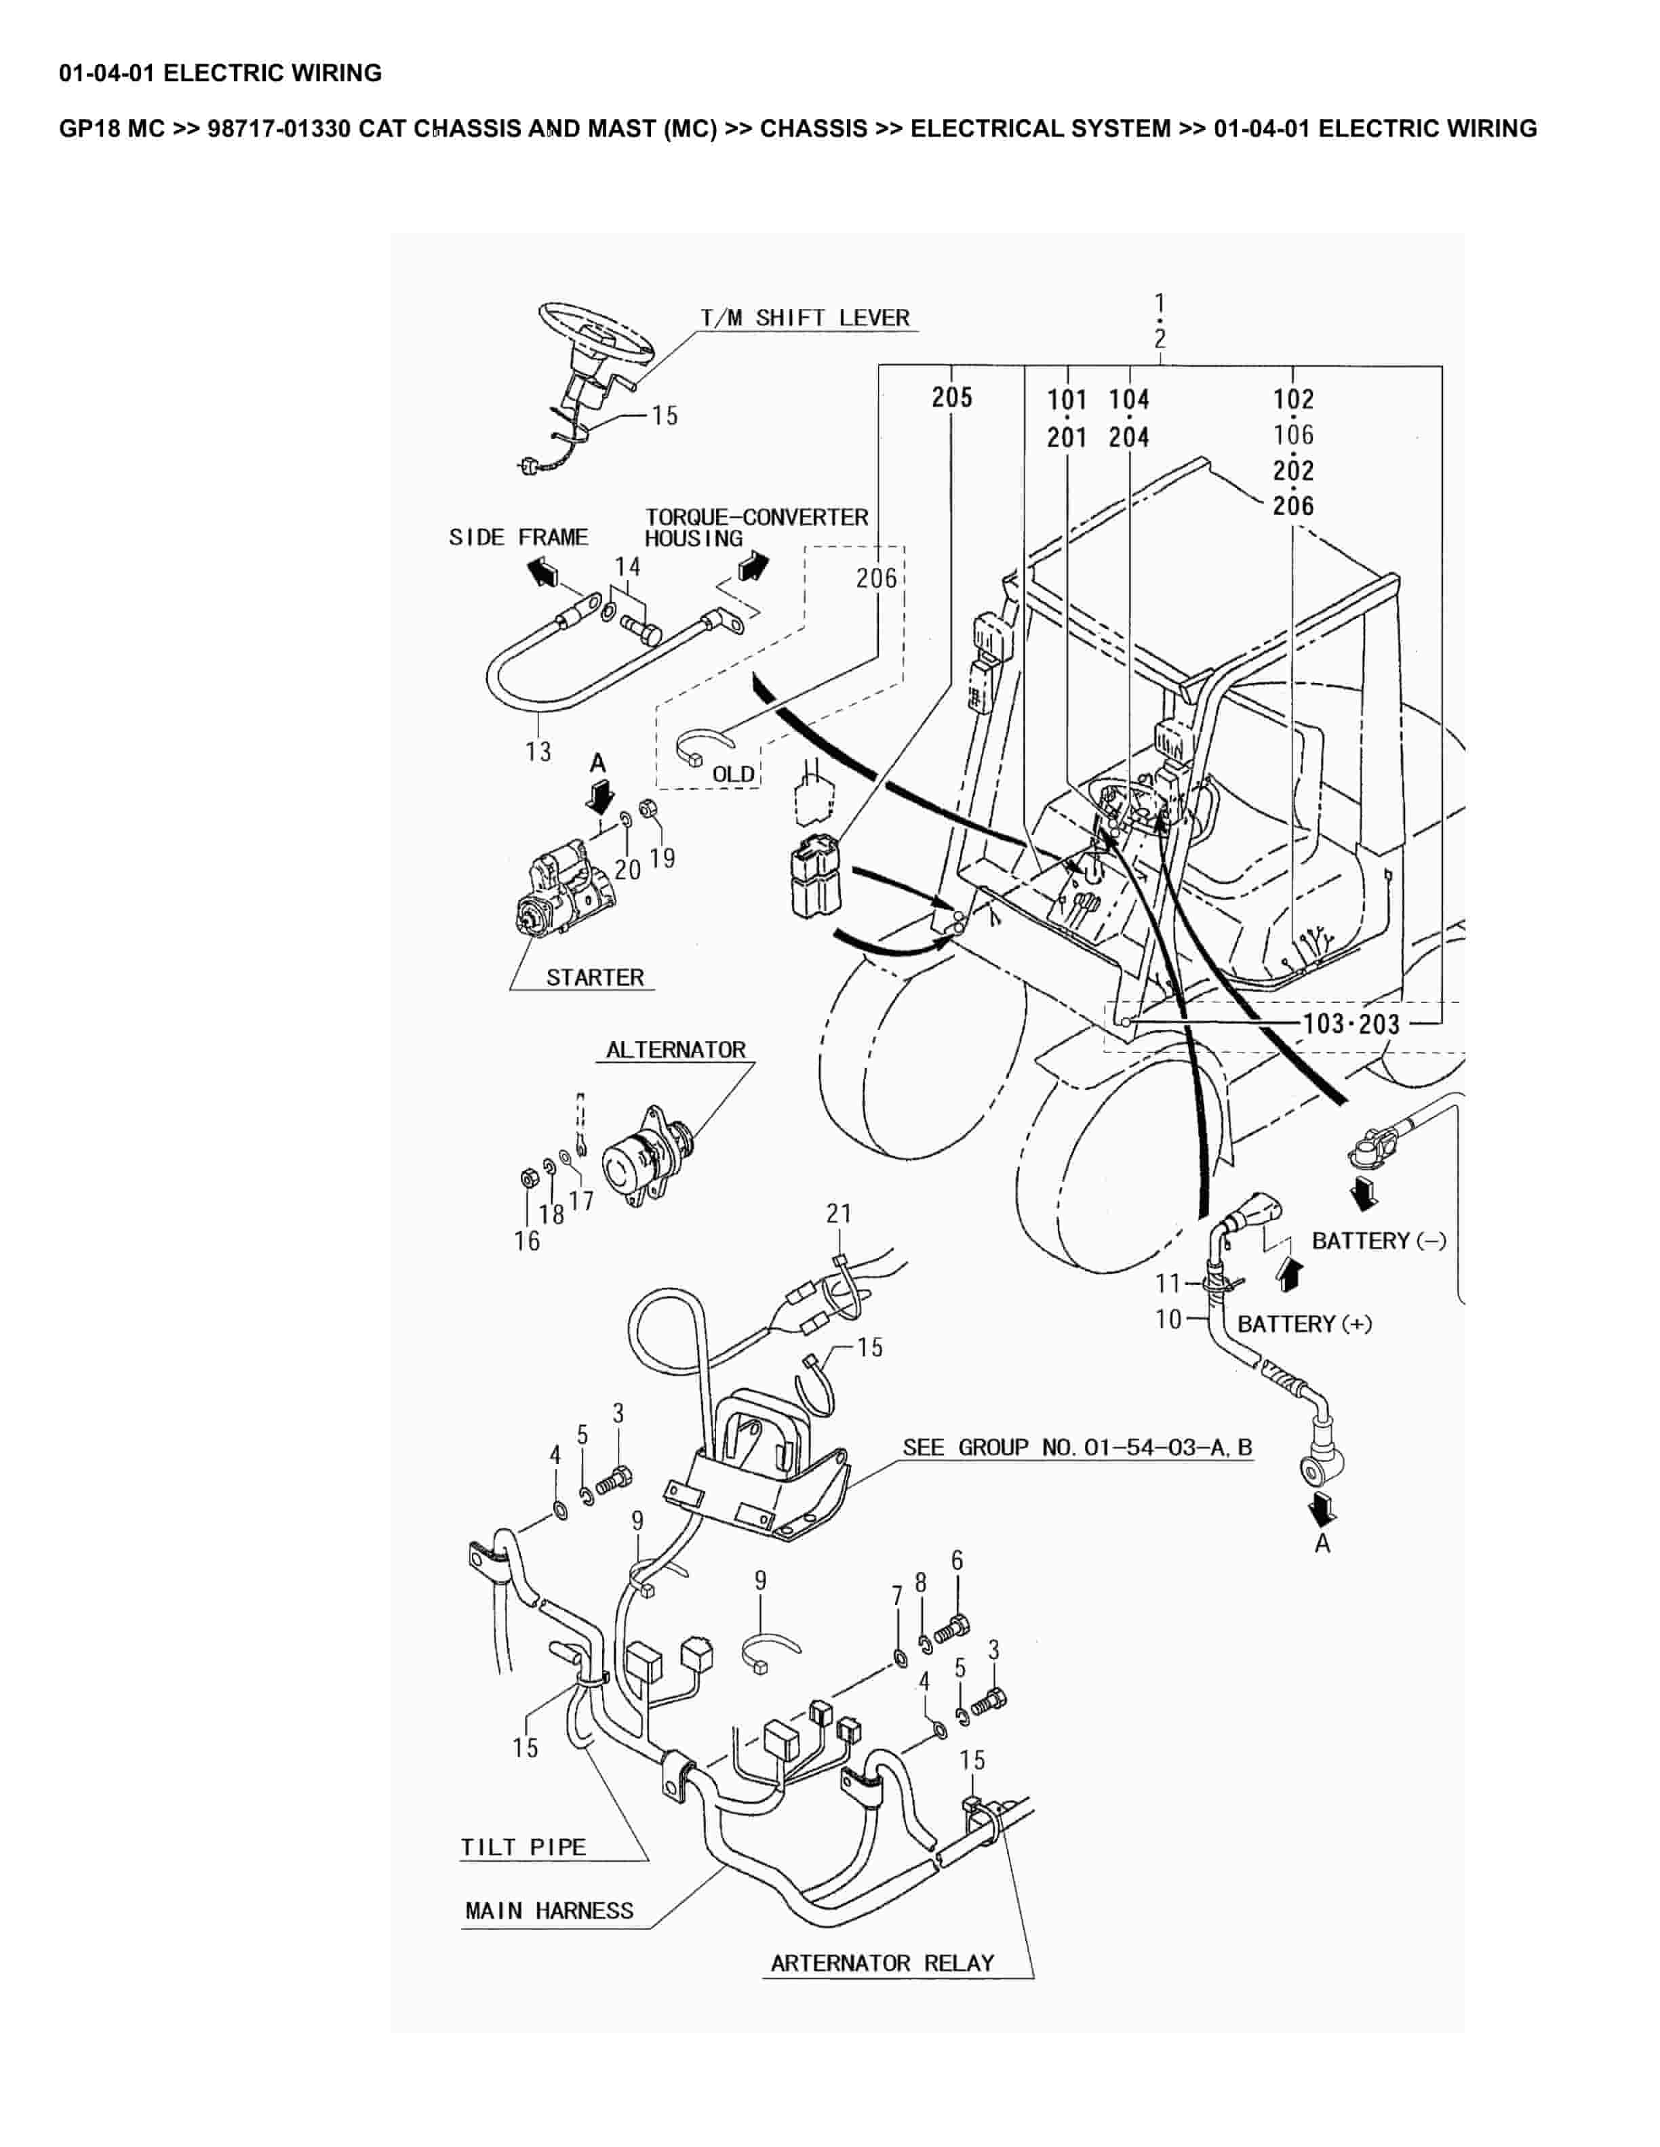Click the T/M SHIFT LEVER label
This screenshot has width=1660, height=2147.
tap(804, 318)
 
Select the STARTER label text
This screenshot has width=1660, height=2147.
tap(595, 977)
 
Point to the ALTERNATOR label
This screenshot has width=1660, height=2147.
tap(675, 1049)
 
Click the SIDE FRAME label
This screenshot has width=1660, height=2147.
tap(518, 537)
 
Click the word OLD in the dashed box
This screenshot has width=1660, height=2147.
tap(732, 775)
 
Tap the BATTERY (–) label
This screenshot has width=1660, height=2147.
tap(1379, 1241)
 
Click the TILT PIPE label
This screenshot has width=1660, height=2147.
tap(523, 1847)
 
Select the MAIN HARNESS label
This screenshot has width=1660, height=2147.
tap(549, 1911)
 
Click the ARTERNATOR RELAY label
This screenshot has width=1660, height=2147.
tap(882, 1963)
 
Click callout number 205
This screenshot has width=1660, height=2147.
tap(952, 397)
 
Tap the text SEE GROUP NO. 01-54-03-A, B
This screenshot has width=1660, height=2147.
tap(1077, 1447)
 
